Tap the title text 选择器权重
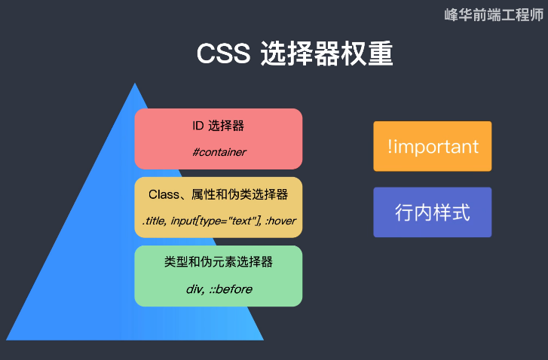pyautogui.click(x=326, y=55)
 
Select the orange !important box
pyautogui.click(x=432, y=146)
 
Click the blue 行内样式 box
pyautogui.click(x=432, y=212)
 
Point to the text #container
pyautogui.click(x=219, y=152)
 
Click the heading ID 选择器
pyautogui.click(x=218, y=125)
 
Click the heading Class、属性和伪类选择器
pyautogui.click(x=218, y=194)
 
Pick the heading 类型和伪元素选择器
pyautogui.click(x=218, y=263)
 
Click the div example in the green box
pyautogui.click(x=194, y=289)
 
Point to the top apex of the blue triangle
pyautogui.click(x=135, y=84)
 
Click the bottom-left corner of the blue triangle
pyautogui.click(x=7, y=339)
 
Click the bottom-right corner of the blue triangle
pyautogui.click(x=262, y=339)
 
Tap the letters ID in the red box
pyautogui.click(x=198, y=125)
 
